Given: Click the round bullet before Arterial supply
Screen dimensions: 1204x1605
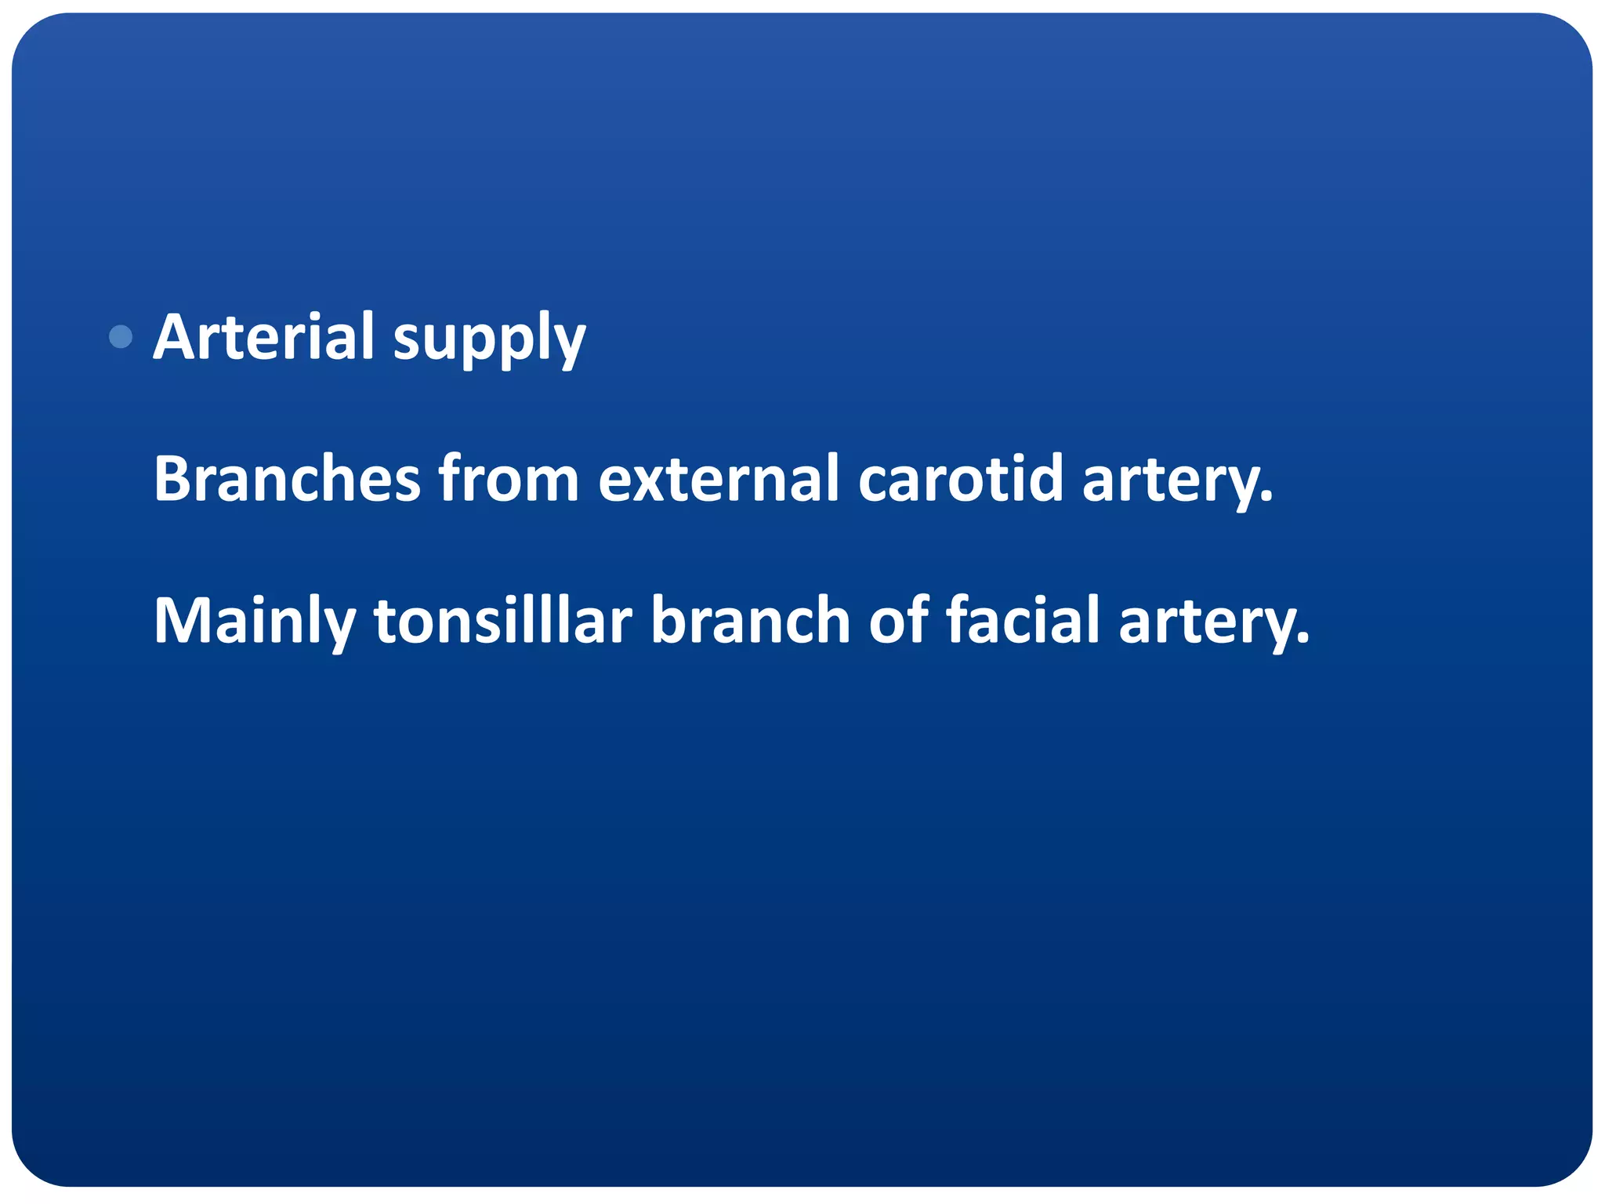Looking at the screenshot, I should (x=121, y=337).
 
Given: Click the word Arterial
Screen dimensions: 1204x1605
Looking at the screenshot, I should (x=263, y=337).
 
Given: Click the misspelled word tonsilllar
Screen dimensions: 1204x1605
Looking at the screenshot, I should (x=502, y=620).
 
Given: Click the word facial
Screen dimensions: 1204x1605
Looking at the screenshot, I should (x=1024, y=620).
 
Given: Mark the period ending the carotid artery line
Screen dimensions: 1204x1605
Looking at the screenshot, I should (x=1267, y=499).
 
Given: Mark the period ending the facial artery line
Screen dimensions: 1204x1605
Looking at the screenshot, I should (x=1303, y=641).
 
